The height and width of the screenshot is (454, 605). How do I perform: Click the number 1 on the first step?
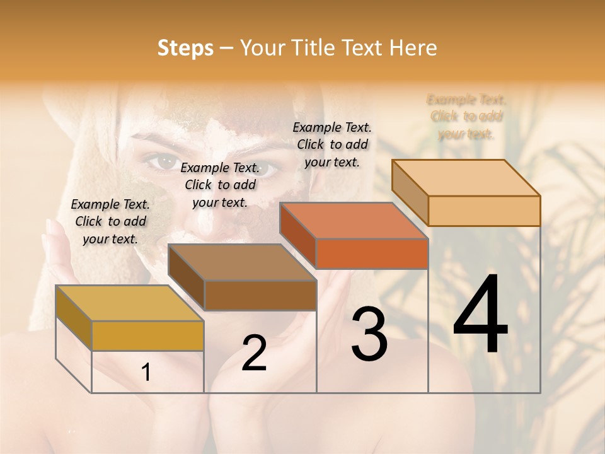tap(146, 373)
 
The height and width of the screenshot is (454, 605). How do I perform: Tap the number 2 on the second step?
tap(254, 353)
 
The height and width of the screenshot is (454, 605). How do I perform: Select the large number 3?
tap(369, 334)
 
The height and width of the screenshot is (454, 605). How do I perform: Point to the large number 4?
tap(480, 315)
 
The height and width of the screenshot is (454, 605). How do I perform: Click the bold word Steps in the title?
tap(185, 48)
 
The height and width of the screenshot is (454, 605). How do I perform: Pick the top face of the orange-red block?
tap(354, 221)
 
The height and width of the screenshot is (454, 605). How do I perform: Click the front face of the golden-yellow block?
tap(147, 335)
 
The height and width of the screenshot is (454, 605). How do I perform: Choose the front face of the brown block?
tap(260, 295)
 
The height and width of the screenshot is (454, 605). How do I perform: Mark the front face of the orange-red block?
tap(372, 254)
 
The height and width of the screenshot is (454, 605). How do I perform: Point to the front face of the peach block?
tap(484, 211)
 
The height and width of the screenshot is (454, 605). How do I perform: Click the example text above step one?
tap(110, 221)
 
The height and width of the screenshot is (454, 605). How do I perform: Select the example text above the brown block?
tap(220, 185)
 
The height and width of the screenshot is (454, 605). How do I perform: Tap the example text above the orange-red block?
tap(332, 144)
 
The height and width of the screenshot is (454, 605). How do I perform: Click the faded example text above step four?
tap(466, 117)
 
